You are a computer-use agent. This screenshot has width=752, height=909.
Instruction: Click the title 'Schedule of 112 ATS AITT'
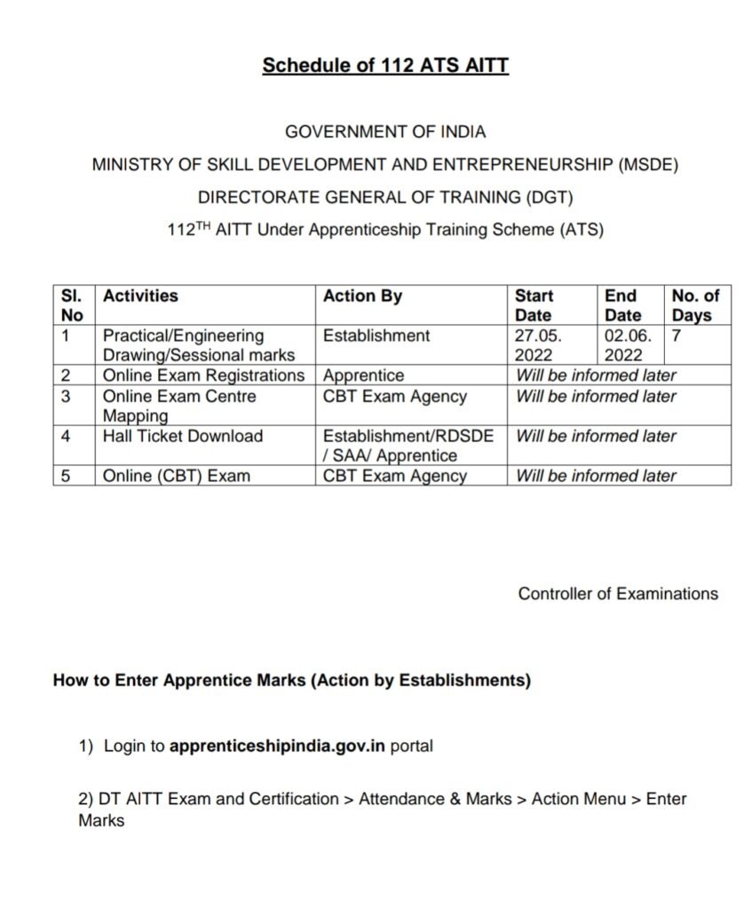(385, 66)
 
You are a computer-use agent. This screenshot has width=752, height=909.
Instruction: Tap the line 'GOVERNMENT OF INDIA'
(385, 131)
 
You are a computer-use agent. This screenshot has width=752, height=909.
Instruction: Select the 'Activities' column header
(140, 296)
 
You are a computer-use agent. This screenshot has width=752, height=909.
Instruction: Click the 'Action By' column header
(362, 296)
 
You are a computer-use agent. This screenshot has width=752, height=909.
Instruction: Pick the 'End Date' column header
(622, 305)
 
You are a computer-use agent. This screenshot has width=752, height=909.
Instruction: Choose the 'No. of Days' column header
(695, 305)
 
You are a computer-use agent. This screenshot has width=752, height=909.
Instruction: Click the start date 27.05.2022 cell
(534, 345)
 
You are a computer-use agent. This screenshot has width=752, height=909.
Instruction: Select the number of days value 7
(677, 336)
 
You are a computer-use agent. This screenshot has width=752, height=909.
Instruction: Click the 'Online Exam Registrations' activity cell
(204, 375)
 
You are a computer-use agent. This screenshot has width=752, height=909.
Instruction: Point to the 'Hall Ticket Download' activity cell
(183, 436)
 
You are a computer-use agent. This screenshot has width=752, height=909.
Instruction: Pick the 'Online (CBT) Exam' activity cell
(176, 476)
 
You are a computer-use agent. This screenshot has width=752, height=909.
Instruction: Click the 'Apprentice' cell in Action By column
(363, 375)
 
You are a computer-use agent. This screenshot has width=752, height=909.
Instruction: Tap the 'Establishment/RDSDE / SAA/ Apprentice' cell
(408, 446)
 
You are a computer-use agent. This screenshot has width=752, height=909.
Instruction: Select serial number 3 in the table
(66, 396)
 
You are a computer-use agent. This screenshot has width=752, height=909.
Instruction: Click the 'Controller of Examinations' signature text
(618, 594)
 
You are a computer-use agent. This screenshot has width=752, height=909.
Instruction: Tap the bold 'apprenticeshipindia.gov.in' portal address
(277, 747)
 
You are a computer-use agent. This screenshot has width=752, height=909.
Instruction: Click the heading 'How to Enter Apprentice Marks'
(292, 681)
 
